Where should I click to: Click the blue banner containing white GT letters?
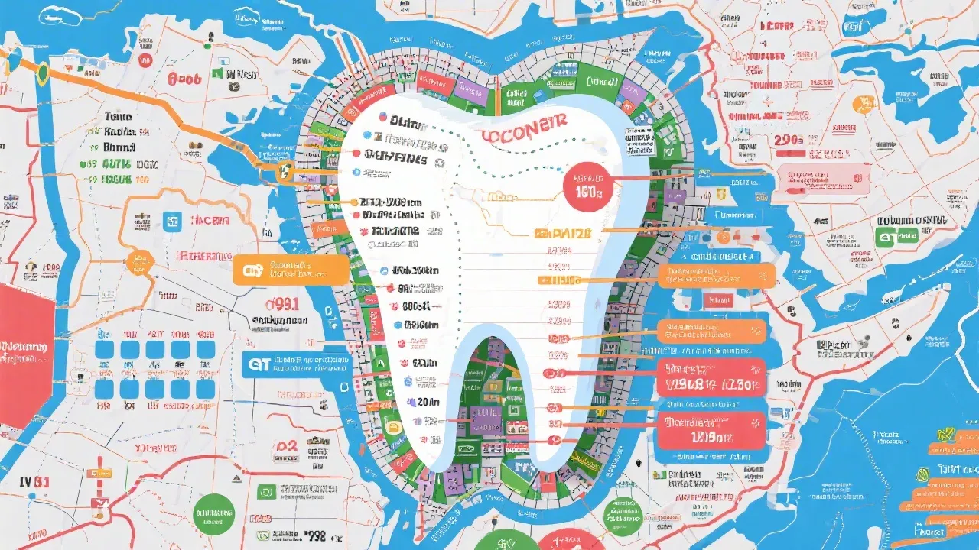(x=298, y=364)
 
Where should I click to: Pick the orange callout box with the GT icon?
(x=291, y=270)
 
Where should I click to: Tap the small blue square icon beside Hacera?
(x=172, y=221)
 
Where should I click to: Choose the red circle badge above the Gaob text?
(x=145, y=59)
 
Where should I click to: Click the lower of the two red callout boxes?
(x=711, y=430)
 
